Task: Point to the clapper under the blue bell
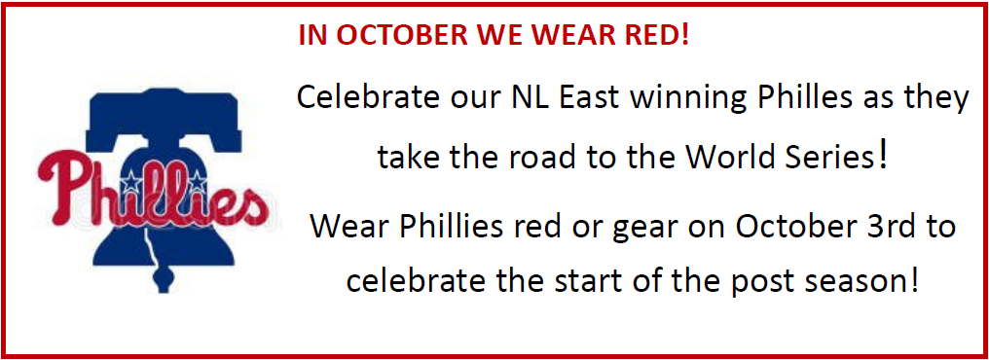(x=165, y=278)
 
